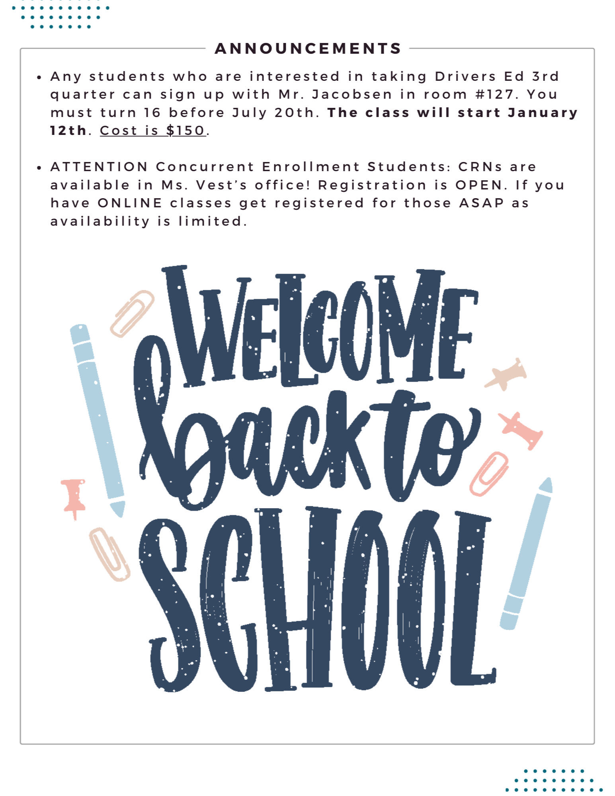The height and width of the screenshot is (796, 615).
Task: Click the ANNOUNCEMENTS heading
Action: point(308,49)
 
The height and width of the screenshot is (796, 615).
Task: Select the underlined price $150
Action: point(185,131)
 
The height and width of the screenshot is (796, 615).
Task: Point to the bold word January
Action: point(543,113)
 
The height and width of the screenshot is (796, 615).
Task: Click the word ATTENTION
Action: point(99,167)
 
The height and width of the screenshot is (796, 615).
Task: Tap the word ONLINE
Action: point(130,203)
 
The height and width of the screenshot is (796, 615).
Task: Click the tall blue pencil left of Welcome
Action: point(98,418)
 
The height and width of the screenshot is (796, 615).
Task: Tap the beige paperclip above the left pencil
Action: point(132,314)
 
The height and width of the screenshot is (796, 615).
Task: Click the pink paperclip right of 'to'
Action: point(489,473)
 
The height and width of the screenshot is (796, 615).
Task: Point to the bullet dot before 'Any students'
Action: point(39,78)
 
